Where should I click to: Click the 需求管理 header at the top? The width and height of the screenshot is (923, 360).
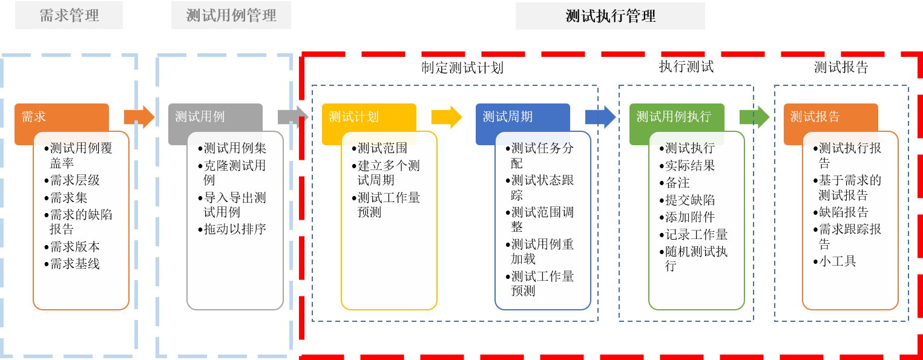pyautogui.click(x=69, y=15)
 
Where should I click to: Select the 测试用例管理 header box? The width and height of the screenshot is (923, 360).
pyautogui.click(x=231, y=15)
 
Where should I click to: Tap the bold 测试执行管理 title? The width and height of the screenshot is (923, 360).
pyautogui.click(x=610, y=16)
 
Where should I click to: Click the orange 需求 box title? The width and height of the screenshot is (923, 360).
pyautogui.click(x=33, y=117)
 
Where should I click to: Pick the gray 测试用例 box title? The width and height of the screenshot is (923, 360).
pyautogui.click(x=200, y=117)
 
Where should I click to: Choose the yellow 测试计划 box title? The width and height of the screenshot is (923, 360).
pyautogui.click(x=353, y=117)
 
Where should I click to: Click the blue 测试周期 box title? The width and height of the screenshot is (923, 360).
pyautogui.click(x=507, y=117)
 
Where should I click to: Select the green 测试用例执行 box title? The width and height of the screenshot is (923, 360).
pyautogui.click(x=674, y=117)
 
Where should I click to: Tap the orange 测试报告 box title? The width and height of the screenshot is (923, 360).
pyautogui.click(x=815, y=117)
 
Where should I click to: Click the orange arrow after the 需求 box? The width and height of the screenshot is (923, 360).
pyautogui.click(x=139, y=117)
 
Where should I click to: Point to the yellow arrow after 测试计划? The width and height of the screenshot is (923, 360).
pyautogui.click(x=447, y=117)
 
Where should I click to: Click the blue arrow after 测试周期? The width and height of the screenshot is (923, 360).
pyautogui.click(x=600, y=117)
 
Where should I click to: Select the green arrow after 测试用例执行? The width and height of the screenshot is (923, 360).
pyautogui.click(x=755, y=117)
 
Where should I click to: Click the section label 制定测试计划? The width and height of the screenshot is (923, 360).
pyautogui.click(x=462, y=68)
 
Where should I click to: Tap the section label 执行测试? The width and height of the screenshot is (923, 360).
pyautogui.click(x=686, y=67)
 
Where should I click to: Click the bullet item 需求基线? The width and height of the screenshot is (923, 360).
pyautogui.click(x=72, y=264)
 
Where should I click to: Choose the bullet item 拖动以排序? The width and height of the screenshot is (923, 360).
pyautogui.click(x=232, y=229)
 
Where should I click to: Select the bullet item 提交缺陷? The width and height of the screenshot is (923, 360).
pyautogui.click(x=688, y=200)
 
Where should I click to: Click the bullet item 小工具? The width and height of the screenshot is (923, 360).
pyautogui.click(x=835, y=261)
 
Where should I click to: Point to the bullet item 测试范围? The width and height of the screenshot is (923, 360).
pyautogui.click(x=379, y=148)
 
